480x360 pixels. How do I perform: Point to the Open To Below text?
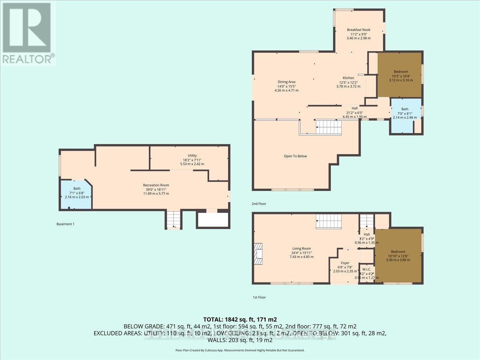[x=295, y=156]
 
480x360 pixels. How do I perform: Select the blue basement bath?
[x=76, y=194]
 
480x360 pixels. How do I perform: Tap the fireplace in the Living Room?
[x=259, y=254]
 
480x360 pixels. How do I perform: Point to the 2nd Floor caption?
[x=259, y=204]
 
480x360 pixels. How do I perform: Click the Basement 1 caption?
[x=66, y=224]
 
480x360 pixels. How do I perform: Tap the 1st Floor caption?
[x=259, y=297]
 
